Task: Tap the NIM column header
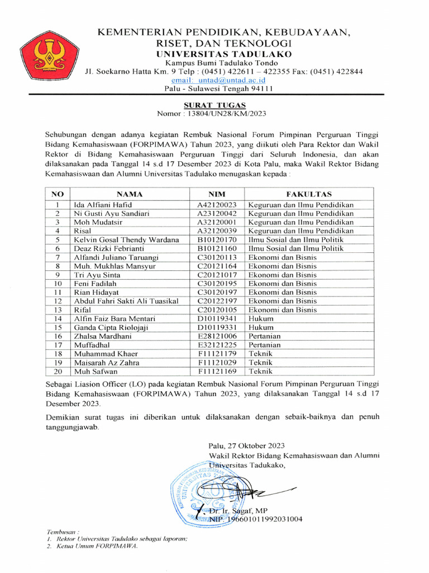point(217,194)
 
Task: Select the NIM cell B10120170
point(217,239)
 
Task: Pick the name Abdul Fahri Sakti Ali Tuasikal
point(126,301)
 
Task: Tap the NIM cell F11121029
point(217,362)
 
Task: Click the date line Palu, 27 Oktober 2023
point(246,445)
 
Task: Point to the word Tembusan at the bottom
point(61,529)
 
